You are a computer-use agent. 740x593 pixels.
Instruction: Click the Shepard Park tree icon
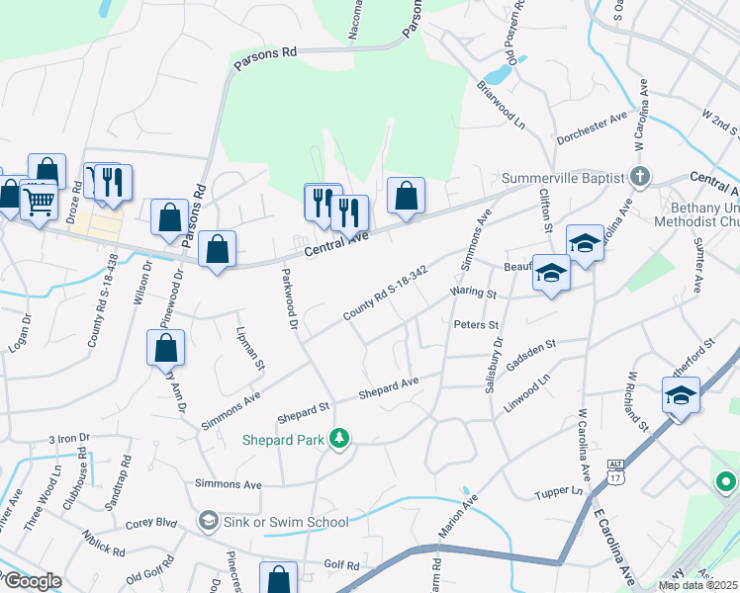tap(339, 437)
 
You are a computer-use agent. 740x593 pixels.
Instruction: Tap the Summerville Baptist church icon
tap(640, 178)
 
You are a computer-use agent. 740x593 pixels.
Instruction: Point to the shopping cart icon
tap(39, 203)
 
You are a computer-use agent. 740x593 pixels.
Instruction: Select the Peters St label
tap(476, 324)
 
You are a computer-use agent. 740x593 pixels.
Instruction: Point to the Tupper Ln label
tap(557, 491)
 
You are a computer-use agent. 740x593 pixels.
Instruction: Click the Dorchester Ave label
tap(592, 128)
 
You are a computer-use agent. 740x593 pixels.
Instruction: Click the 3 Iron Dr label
tap(69, 437)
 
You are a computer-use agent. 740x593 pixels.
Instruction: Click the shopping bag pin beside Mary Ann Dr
tap(165, 349)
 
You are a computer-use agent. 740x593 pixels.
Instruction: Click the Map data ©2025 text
tap(696, 585)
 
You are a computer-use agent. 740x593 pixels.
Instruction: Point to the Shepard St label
tap(304, 407)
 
